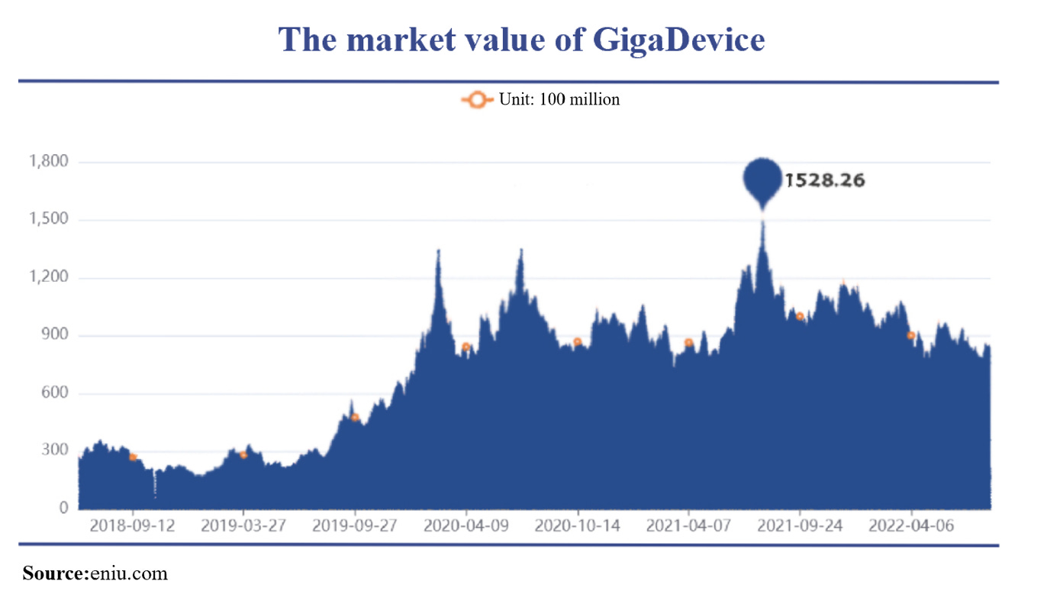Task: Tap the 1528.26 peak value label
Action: click(825, 182)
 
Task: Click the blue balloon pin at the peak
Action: click(763, 178)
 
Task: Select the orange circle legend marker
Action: click(477, 99)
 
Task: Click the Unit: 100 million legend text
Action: click(559, 99)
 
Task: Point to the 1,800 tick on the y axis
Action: click(48, 162)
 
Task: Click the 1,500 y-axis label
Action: click(48, 220)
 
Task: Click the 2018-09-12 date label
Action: click(132, 526)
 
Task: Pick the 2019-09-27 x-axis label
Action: click(355, 526)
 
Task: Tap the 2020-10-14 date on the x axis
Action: click(578, 526)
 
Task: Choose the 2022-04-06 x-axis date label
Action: click(911, 526)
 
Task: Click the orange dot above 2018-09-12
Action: click(133, 457)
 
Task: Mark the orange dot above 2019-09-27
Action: click(355, 417)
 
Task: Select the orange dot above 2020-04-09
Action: click(466, 347)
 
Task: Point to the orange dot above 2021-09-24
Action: click(800, 316)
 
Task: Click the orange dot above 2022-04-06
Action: click(910, 335)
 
